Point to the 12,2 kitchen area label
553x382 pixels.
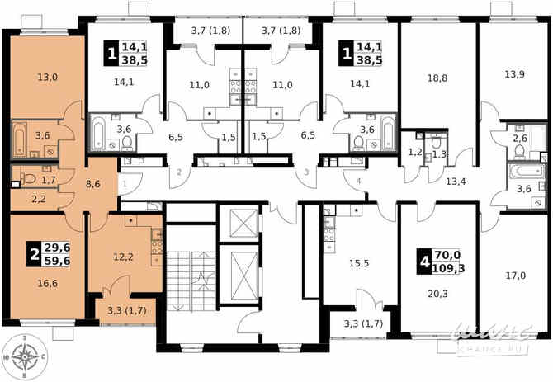point(122,257)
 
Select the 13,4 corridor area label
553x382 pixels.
point(456,180)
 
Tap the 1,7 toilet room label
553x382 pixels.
point(48,178)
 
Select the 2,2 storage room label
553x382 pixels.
point(37,198)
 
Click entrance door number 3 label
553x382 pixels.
point(306,172)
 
